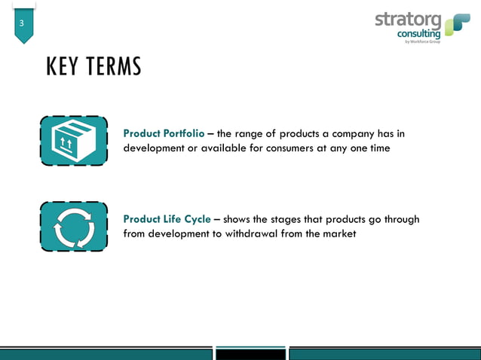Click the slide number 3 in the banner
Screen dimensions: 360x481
pyautogui.click(x=22, y=24)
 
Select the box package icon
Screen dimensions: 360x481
pyautogui.click(x=73, y=141)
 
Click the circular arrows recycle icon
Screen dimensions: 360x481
pyautogui.click(x=73, y=227)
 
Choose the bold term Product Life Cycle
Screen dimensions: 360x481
pyautogui.click(x=167, y=219)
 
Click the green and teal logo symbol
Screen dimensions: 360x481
pyautogui.click(x=457, y=24)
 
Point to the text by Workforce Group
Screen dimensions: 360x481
pyautogui.click(x=422, y=41)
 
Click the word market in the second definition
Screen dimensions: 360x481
pyautogui.click(x=339, y=233)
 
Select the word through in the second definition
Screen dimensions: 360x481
pyautogui.click(x=401, y=219)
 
